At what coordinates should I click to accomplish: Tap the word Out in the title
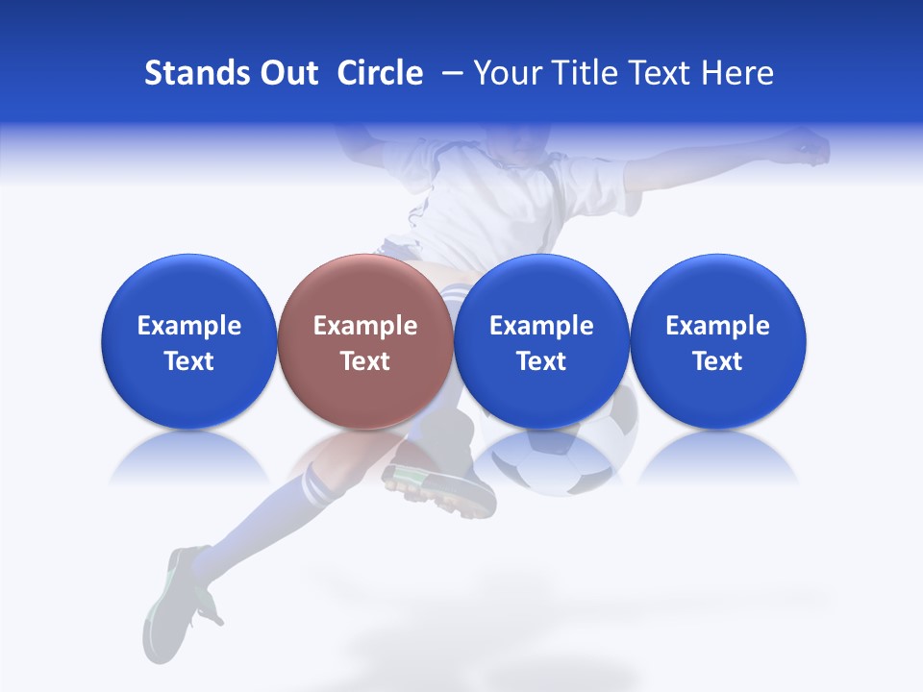[289, 73]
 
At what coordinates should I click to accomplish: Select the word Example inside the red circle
[365, 326]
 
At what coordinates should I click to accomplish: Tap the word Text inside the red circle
[365, 361]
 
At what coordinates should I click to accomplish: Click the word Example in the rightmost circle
[717, 326]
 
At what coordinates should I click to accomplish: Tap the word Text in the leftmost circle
[189, 361]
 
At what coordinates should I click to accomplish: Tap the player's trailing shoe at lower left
[178, 596]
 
